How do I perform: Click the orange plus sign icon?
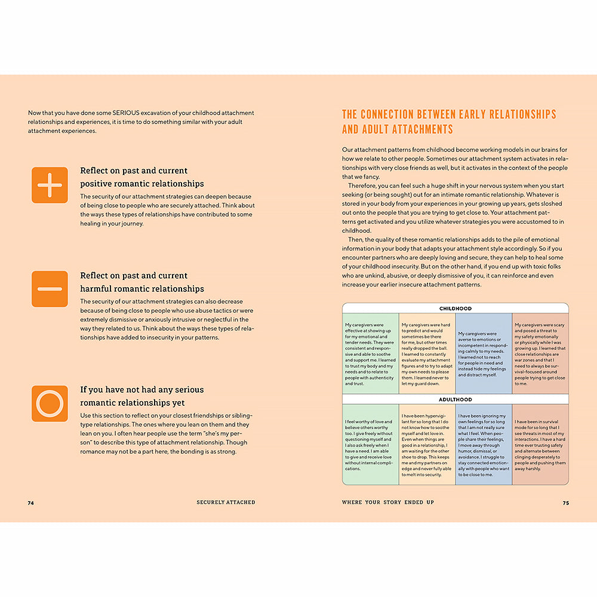50,185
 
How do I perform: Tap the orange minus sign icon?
50,289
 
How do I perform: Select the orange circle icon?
50,404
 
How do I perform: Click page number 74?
31,503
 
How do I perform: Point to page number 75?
565,503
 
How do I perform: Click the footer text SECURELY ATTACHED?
226,503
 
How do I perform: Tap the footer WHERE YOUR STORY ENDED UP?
387,503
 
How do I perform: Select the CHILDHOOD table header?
455,309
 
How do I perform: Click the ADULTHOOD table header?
455,399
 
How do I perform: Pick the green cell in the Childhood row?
370,353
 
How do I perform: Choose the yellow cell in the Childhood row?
426,353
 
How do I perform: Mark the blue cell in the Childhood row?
483,353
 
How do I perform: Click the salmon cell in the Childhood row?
540,353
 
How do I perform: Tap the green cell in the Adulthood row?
370,444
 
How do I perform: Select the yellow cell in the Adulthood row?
426,444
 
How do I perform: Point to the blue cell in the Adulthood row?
483,444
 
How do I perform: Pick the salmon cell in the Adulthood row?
540,444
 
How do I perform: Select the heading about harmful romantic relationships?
142,282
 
